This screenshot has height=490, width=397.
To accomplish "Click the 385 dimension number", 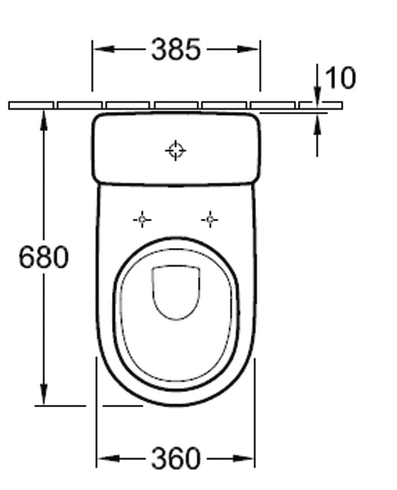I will (176, 49).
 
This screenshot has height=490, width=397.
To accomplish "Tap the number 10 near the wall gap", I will (340, 78).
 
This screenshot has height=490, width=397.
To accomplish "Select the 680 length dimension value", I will (44, 258).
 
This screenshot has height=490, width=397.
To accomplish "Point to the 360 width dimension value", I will (176, 459).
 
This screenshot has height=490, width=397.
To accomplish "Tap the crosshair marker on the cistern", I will (176, 150).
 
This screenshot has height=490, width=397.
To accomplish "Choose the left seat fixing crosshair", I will (142, 220).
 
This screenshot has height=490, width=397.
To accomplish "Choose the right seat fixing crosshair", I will (210, 220).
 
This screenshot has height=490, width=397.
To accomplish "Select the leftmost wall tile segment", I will (31, 105).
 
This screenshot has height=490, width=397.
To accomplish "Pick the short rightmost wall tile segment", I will (320, 105).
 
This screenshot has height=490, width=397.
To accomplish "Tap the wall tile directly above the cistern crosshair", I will (176, 105).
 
